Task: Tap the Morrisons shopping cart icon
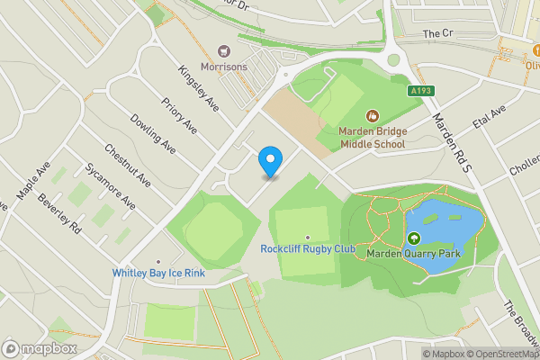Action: pyautogui.click(x=224, y=52)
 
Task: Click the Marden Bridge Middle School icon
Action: pyautogui.click(x=373, y=115)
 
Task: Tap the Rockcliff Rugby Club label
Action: pyautogui.click(x=308, y=249)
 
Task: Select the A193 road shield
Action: pyautogui.click(x=419, y=91)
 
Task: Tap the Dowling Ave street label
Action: pyautogui.click(x=152, y=132)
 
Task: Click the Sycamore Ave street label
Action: pyautogui.click(x=109, y=185)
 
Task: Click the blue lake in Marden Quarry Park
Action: pyautogui.click(x=443, y=236)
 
